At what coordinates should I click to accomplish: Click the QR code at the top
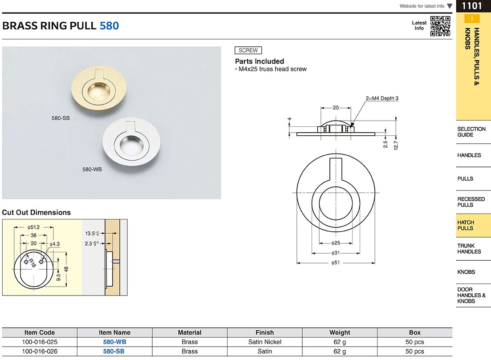(440, 26)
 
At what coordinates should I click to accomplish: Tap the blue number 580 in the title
(110, 26)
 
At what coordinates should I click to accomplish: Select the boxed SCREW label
(248, 50)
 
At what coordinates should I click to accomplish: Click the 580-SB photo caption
(61, 118)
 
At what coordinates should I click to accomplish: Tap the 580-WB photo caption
(92, 170)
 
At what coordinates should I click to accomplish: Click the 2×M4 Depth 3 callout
(382, 98)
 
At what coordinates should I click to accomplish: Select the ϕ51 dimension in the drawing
(335, 263)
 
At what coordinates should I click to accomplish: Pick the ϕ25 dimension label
(335, 243)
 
